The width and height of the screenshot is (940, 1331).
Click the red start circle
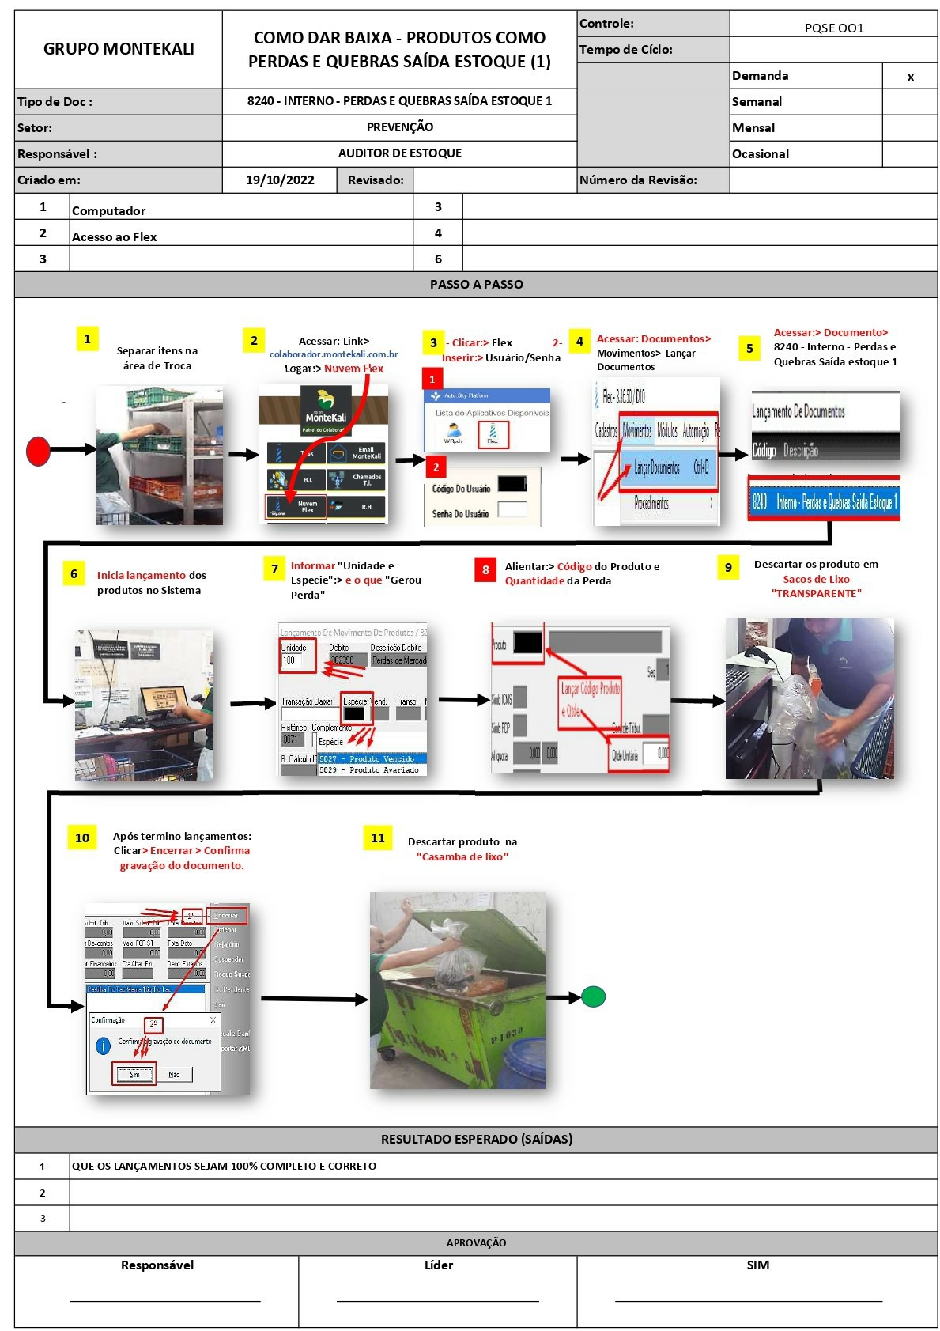point(38,451)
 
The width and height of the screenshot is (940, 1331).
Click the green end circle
point(593,996)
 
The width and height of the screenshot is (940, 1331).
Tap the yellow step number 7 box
point(274,569)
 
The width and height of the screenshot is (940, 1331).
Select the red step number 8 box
point(485,569)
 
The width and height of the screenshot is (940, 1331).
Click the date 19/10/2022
point(280,180)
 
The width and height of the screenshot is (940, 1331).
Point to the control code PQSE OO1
point(833,28)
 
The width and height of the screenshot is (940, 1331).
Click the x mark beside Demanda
point(910,77)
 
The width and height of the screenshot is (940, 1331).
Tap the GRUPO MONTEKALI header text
point(119,49)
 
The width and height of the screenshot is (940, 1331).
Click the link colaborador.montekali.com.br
point(334,354)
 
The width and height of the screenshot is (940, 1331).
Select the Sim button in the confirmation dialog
point(134,1074)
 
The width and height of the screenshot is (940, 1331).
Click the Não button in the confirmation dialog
point(174,1074)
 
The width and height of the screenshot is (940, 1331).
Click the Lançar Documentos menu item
point(656,468)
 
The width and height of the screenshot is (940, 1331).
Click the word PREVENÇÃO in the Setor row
point(399,127)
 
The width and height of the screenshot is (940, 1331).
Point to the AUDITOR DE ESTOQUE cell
point(399,153)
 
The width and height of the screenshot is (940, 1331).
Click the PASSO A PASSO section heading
point(476,285)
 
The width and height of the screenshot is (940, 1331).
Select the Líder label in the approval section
point(438,1265)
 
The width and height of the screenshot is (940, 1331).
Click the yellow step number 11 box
point(378,838)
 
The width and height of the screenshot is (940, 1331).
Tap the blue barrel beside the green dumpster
point(522,1064)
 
